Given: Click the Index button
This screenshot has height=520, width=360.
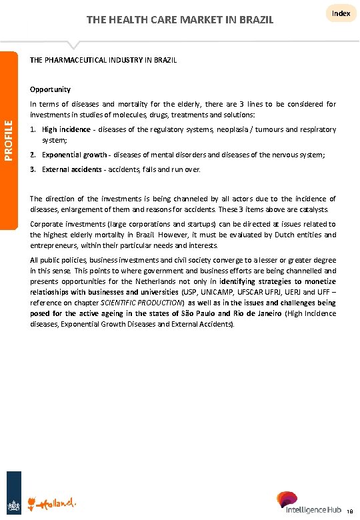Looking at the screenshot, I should click(x=341, y=13).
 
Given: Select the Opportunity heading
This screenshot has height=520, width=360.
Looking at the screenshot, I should click(x=50, y=89).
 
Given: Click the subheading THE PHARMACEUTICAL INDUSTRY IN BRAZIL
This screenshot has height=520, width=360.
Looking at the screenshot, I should click(x=103, y=60).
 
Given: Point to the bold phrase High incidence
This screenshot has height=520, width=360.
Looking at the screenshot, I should click(x=64, y=129).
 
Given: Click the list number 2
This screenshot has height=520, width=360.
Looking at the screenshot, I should click(x=33, y=155).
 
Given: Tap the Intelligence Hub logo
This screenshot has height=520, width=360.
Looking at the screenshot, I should click(x=309, y=503).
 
